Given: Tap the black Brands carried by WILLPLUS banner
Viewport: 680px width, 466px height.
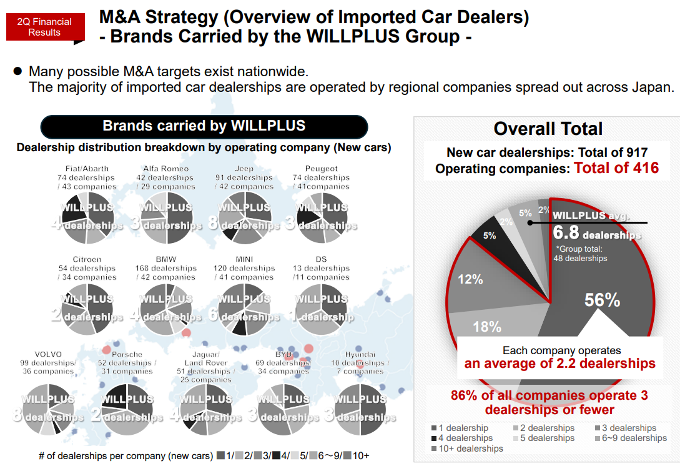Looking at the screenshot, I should click(204, 126).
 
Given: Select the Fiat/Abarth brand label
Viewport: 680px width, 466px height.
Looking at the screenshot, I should click(87, 168).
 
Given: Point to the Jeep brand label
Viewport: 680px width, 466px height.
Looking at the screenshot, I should click(244, 168).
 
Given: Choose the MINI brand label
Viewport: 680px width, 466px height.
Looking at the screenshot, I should click(244, 259).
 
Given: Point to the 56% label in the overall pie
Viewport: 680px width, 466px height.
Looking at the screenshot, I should click(602, 300).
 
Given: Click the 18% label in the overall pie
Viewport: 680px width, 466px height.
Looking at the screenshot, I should click(487, 327).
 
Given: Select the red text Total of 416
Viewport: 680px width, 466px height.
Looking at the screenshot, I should click(616, 168).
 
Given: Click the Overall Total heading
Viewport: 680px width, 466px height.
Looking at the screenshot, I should click(548, 129).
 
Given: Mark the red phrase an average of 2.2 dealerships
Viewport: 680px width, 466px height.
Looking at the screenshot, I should click(559, 364).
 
